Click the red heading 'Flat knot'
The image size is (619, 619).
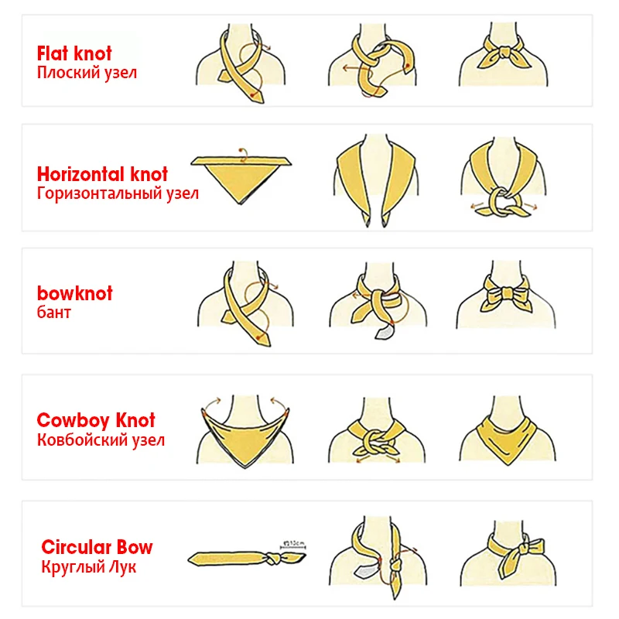pyautogui.click(x=74, y=53)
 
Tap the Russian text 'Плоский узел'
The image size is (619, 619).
pyautogui.click(x=87, y=74)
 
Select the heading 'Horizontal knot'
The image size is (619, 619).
pyautogui.click(x=102, y=173)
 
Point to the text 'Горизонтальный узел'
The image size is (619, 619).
pyautogui.click(x=118, y=193)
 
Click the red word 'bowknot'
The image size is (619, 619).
pyautogui.click(x=74, y=293)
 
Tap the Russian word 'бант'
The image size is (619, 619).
pyautogui.click(x=53, y=313)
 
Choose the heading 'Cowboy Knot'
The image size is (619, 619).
pyautogui.click(x=96, y=420)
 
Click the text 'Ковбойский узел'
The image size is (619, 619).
pyautogui.click(x=101, y=440)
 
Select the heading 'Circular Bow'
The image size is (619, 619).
pyautogui.click(x=97, y=547)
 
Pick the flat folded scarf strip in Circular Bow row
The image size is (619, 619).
pyautogui.click(x=232, y=557)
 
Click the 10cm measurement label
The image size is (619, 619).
pyautogui.click(x=295, y=542)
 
